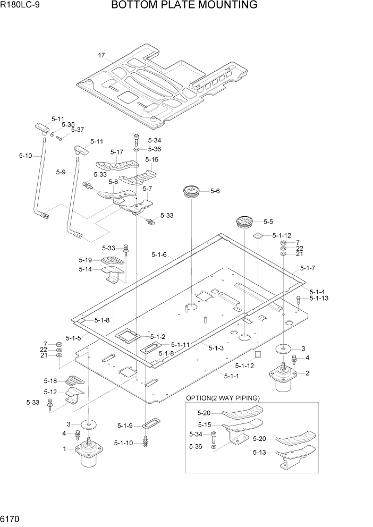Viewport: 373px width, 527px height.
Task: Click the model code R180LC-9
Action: click(19, 6)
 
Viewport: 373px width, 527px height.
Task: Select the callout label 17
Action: click(101, 55)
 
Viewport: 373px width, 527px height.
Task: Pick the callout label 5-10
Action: click(26, 156)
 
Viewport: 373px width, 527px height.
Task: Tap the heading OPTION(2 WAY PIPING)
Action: click(223, 398)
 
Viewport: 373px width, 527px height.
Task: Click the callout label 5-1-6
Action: click(159, 254)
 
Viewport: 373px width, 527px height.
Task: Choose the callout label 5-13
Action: click(260, 453)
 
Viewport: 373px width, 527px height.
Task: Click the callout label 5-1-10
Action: click(124, 442)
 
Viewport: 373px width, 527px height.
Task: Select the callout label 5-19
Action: click(86, 260)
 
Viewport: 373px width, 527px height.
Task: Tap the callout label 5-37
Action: click(77, 130)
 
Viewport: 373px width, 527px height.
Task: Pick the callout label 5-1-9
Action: click(125, 426)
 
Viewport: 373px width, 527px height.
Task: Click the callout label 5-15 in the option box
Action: click(204, 424)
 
